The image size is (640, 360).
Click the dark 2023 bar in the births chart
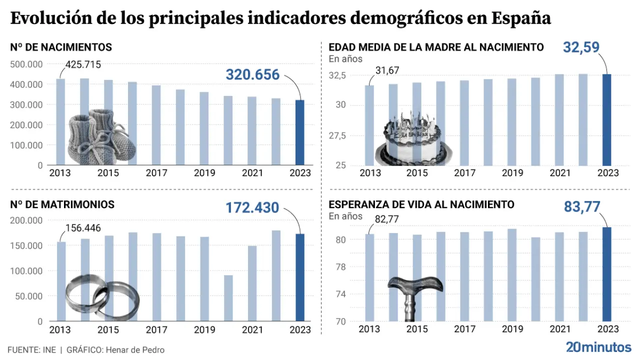(x=299, y=132)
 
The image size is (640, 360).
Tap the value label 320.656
(x=252, y=74)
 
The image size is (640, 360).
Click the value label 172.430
(x=252, y=207)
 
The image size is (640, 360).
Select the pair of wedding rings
(x=102, y=297)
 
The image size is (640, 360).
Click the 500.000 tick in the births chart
(x=26, y=64)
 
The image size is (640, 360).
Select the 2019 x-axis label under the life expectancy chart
(x=512, y=329)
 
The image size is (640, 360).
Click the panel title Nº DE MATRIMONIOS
(x=62, y=204)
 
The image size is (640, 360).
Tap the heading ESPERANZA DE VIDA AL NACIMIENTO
(x=421, y=204)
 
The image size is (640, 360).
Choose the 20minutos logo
(x=598, y=347)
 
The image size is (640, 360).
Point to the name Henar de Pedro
(x=134, y=350)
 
